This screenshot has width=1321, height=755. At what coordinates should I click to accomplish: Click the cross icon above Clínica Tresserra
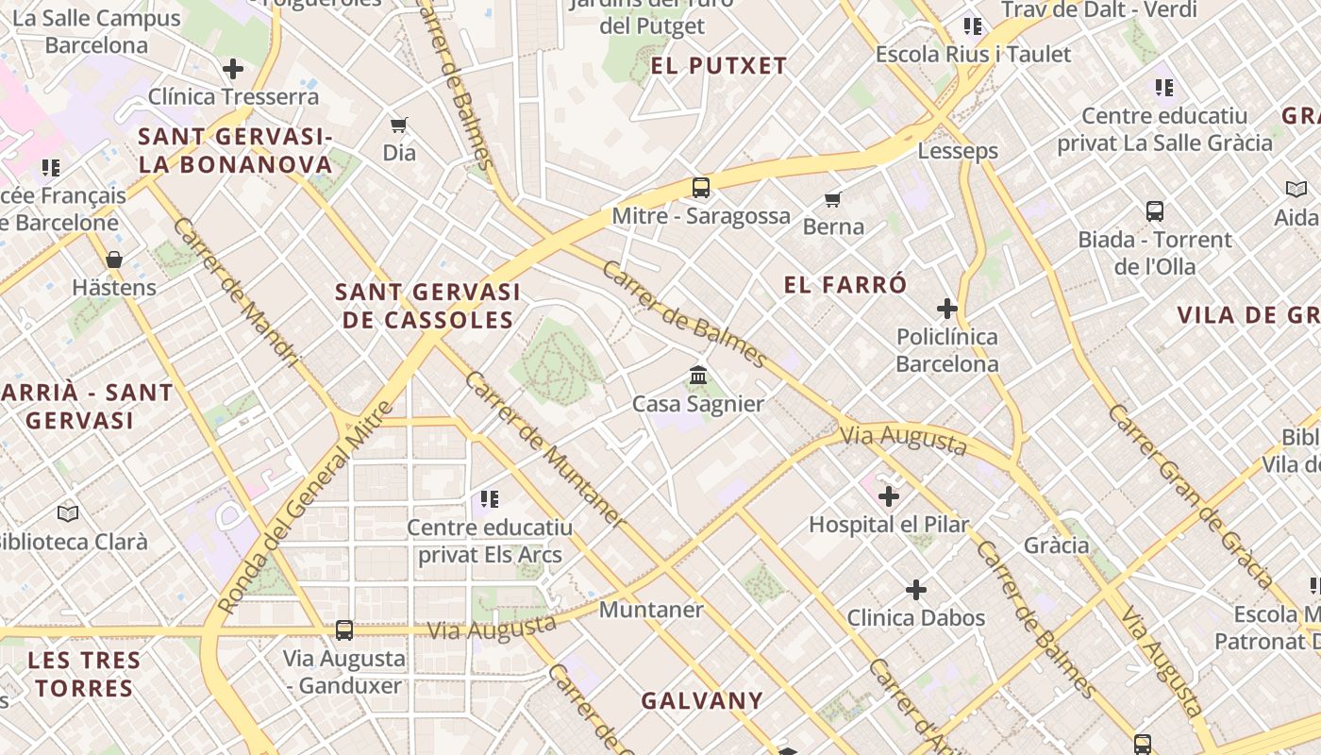(233, 69)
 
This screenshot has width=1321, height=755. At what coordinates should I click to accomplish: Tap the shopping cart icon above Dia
(399, 125)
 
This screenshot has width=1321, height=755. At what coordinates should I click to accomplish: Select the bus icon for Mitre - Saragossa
(700, 187)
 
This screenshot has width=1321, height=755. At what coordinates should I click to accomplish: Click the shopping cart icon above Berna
(832, 199)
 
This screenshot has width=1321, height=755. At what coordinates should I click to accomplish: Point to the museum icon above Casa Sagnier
(698, 376)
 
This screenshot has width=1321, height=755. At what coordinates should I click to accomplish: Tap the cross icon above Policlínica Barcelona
(946, 309)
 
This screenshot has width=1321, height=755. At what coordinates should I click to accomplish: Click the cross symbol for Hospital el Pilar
(888, 495)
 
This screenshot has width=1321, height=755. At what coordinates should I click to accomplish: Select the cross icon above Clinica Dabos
(915, 591)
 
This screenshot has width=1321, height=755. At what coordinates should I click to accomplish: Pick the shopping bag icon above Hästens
(114, 260)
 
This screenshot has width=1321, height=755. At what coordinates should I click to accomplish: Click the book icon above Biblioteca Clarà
(68, 513)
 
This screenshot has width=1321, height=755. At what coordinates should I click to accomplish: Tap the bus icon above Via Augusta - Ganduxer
(344, 630)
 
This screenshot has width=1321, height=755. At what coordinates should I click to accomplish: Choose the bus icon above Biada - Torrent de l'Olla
(1154, 211)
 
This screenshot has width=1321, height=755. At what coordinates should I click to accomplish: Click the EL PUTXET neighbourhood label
(719, 66)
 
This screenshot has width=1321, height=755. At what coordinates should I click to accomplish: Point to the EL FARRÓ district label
(845, 285)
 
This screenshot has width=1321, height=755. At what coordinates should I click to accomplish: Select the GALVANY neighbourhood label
(702, 701)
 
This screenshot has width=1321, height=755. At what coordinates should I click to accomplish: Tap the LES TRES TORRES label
(84, 674)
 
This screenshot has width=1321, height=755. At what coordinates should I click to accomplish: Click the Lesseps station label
(958, 151)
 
